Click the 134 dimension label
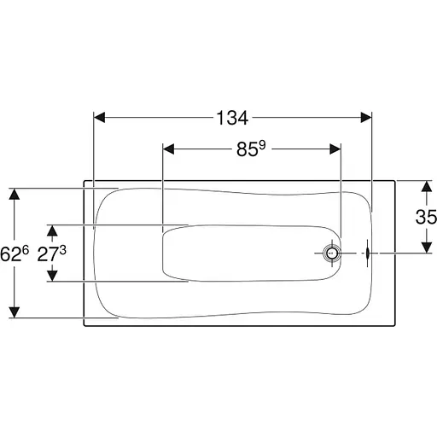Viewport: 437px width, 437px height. click(232, 118)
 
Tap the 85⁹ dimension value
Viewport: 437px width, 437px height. click(251, 149)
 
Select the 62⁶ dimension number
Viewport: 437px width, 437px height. click(15, 253)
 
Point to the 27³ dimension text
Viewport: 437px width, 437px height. click(51, 253)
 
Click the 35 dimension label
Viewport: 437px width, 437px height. click(426, 217)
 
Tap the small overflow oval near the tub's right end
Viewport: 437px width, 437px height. click(367, 253)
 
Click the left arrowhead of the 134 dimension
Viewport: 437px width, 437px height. click(99, 118)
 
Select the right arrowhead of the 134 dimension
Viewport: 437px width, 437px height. click(366, 118)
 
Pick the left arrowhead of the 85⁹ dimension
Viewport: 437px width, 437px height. click(168, 149)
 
